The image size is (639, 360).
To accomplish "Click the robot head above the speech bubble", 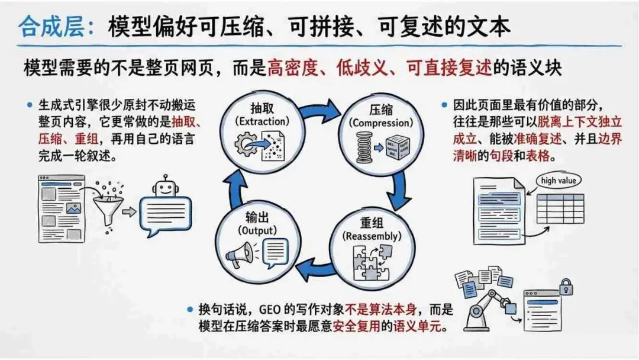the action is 164,188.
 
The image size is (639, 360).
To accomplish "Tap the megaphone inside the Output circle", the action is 240,255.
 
